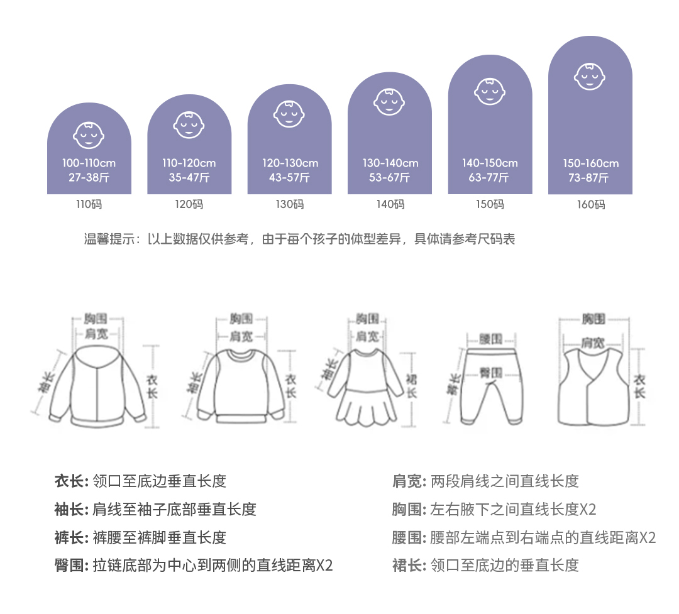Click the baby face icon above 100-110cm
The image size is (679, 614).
tap(89, 133)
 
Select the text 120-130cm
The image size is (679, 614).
tap(290, 163)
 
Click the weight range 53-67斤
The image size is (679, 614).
tap(389, 178)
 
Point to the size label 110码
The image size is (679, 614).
tap(89, 204)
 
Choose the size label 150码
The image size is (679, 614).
tap(490, 204)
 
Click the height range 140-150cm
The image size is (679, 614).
tap(490, 163)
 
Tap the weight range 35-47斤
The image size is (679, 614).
tap(189, 178)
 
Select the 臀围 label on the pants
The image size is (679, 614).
tap(490, 371)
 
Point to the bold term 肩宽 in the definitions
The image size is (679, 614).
tap(407, 481)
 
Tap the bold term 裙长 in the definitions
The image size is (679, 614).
tap(407, 565)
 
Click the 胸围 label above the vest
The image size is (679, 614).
tap(593, 319)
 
